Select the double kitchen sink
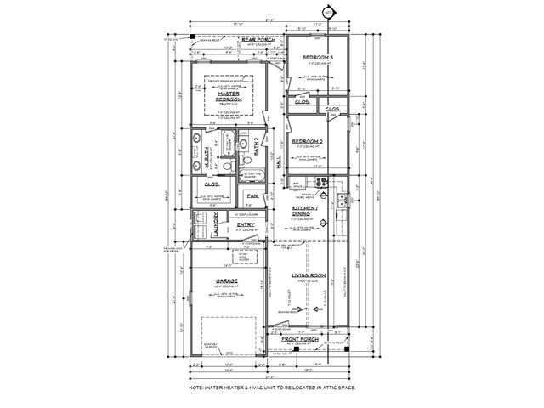coord(341,201)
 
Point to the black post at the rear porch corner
coord(193,36)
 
